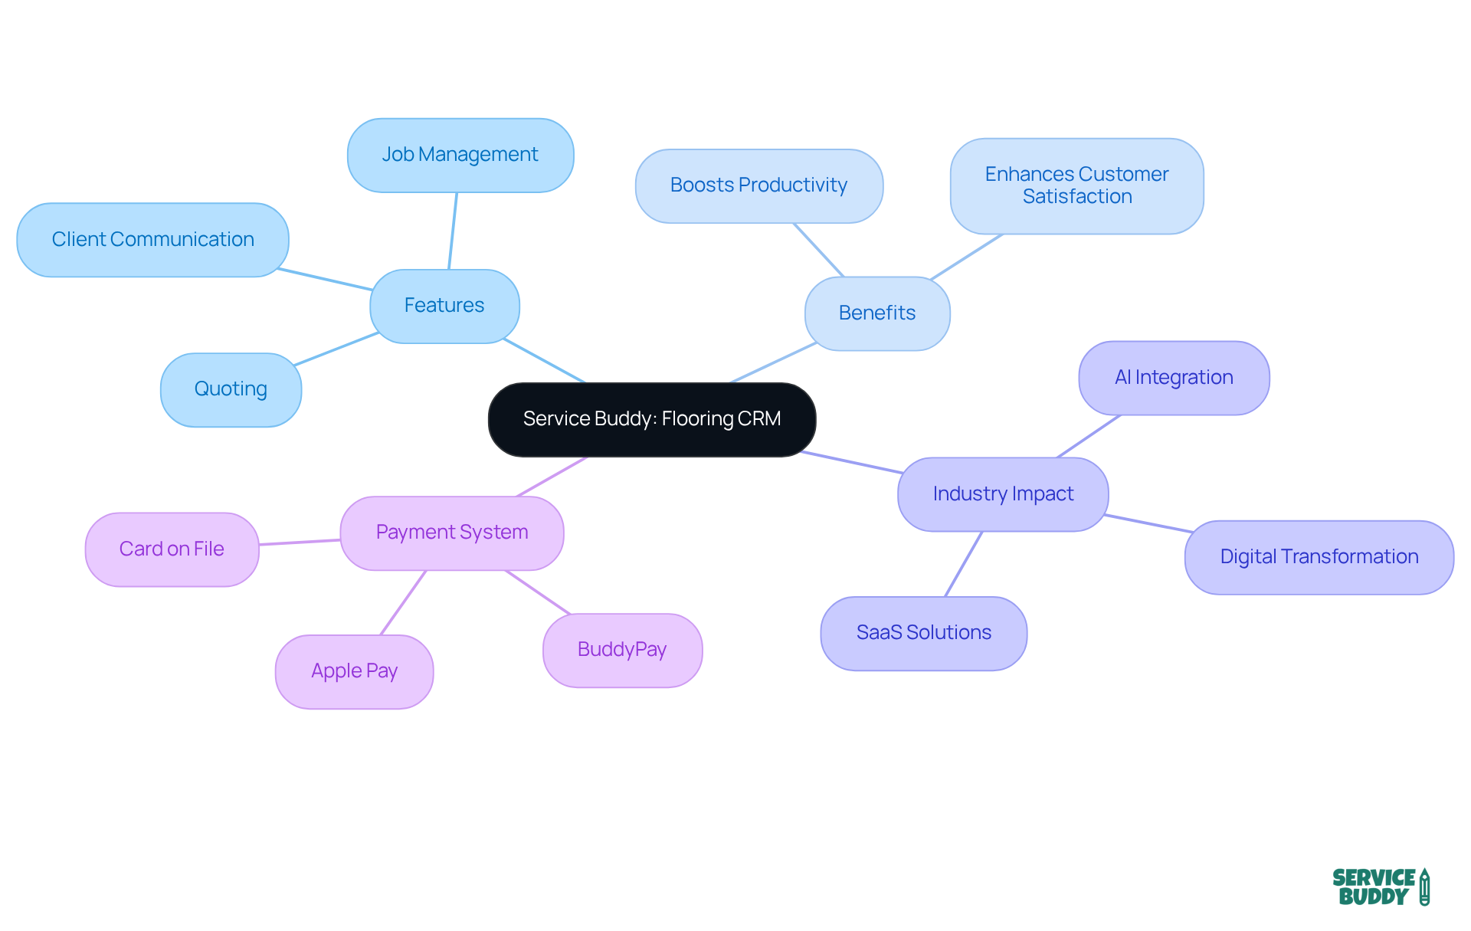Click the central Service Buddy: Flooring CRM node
point(652,419)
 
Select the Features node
point(444,306)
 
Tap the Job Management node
point(460,155)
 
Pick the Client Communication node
point(152,240)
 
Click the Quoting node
point(231,389)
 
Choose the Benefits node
point(877,313)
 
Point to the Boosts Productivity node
point(758,185)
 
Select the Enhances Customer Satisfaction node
point(1076,185)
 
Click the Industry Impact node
point(1003,494)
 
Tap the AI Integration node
point(1174,378)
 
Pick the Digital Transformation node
point(1319,557)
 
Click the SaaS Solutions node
point(923,633)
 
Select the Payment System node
point(452,533)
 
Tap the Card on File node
point(172,549)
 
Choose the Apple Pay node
point(354,671)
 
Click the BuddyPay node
point(622,650)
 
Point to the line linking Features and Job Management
point(453,231)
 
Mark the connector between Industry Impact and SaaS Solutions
point(964,564)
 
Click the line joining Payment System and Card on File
point(300,543)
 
